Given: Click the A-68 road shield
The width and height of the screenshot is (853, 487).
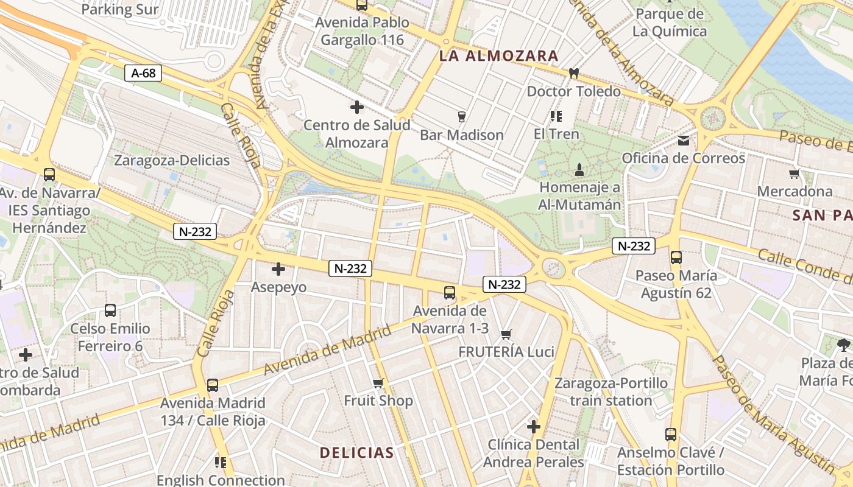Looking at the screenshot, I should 144,73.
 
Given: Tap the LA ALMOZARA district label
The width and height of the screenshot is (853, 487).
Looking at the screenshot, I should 498,56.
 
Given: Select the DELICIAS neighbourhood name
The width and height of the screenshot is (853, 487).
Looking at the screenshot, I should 357,452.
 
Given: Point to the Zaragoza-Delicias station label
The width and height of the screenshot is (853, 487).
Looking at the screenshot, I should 172,161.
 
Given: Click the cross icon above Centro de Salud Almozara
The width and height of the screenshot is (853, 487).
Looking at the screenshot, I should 357,108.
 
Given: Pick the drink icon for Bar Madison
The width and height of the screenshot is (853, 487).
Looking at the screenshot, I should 461,116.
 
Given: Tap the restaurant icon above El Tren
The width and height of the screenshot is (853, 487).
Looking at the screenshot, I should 556,116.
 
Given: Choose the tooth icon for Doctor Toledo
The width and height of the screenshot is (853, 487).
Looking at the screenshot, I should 573,74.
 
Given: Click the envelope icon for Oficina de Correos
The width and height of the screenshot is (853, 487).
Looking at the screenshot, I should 684,141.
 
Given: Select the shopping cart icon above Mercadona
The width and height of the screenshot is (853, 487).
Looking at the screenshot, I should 794,174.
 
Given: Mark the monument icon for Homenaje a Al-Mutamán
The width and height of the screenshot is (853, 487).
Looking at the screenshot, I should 579,169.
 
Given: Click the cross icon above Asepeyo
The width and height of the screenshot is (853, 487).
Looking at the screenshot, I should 278,269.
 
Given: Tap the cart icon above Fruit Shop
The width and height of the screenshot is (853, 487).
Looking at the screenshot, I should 378,383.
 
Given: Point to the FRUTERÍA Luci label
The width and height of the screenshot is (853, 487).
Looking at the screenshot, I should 506,352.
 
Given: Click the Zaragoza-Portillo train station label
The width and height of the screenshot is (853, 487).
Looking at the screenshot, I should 611,392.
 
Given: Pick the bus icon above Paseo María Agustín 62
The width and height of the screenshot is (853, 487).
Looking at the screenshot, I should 676,258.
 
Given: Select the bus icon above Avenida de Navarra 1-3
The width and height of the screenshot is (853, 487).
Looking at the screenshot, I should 450,293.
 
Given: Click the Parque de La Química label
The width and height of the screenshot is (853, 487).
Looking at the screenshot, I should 670,23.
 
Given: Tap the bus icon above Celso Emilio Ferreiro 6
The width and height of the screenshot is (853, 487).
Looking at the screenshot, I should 110,310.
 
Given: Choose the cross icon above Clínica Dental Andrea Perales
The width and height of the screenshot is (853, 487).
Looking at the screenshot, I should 534,427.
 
